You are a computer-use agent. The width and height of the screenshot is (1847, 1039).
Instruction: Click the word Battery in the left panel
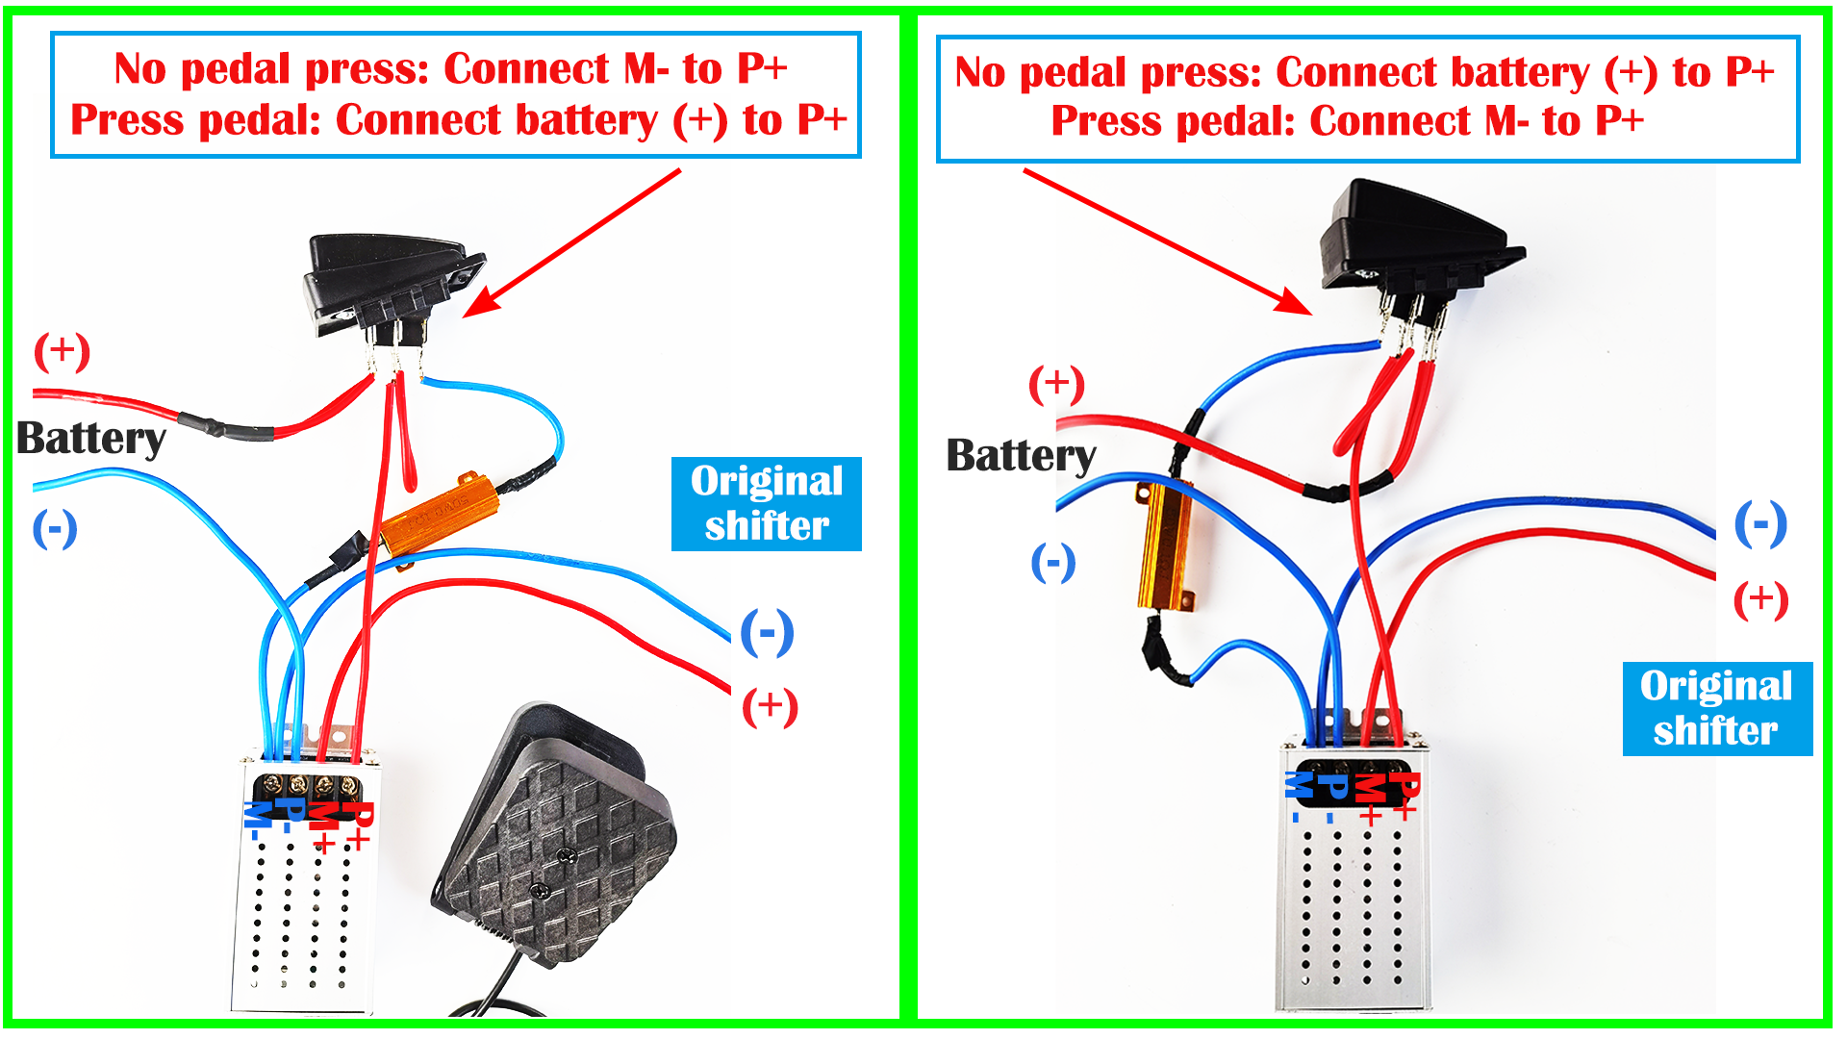(91, 439)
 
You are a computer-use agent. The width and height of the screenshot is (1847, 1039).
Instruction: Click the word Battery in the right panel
(1021, 455)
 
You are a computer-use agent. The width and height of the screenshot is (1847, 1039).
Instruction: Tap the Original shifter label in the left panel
(766, 504)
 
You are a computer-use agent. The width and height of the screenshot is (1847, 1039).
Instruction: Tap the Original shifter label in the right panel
(1716, 708)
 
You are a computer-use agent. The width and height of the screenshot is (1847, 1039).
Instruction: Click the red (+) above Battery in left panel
(62, 351)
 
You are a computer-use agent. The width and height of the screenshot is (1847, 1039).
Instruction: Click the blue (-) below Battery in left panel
(55, 529)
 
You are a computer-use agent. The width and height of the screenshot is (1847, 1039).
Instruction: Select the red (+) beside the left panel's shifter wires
(770, 707)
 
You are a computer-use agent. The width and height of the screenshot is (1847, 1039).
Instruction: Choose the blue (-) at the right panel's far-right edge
(1760, 524)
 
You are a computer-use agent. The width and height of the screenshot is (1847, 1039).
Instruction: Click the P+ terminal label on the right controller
(1405, 795)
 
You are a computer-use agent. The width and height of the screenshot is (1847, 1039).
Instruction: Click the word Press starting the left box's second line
(127, 121)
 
